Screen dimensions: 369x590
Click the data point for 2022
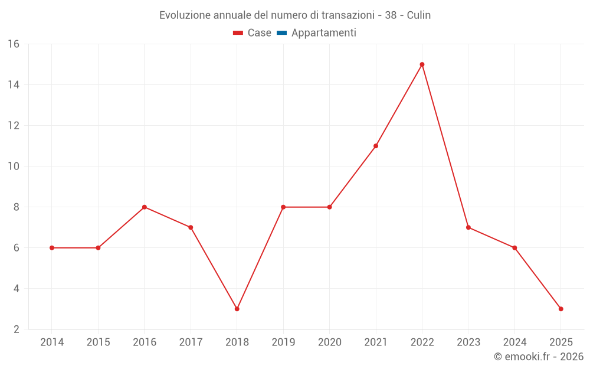tap(422, 64)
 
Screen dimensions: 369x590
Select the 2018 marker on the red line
tap(237, 309)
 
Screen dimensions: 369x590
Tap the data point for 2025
tap(560, 309)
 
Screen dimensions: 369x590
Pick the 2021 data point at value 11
tap(376, 146)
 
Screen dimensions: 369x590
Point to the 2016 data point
tap(144, 207)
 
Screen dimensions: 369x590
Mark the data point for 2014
tap(52, 248)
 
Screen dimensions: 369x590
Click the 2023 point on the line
tap(468, 227)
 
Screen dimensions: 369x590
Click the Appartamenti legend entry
tap(323, 33)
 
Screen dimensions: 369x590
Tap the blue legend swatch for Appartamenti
tap(281, 33)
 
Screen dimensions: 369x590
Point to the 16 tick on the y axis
tap(14, 44)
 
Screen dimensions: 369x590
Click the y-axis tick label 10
tap(14, 166)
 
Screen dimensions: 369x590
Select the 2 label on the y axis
tap(17, 329)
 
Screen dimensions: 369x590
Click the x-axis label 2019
tap(283, 342)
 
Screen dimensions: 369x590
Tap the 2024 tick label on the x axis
tap(514, 342)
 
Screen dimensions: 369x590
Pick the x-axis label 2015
tap(98, 342)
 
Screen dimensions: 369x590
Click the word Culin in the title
tap(419, 15)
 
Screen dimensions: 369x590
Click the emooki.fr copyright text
tap(539, 357)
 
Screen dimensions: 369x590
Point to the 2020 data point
tap(329, 207)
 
